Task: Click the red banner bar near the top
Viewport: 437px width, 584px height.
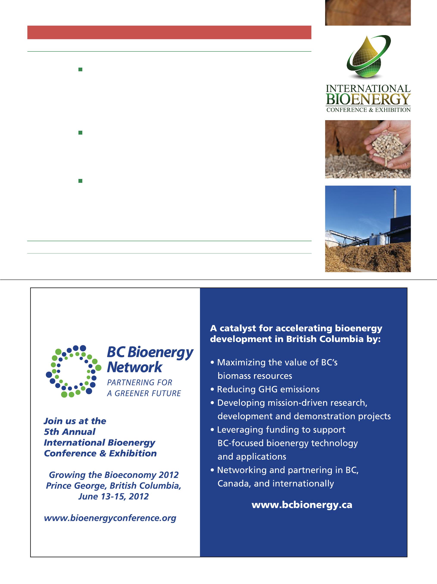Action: click(169, 32)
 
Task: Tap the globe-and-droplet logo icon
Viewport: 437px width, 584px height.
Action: click(368, 57)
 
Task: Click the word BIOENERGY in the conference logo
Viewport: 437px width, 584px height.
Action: click(368, 99)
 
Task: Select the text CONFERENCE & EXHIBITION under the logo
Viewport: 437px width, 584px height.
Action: click(368, 110)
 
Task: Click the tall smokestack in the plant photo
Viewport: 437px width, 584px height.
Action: click(395, 203)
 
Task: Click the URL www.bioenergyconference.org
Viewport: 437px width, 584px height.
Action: click(110, 518)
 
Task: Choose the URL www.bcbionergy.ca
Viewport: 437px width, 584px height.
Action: click(302, 505)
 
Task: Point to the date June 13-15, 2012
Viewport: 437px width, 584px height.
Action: click(114, 497)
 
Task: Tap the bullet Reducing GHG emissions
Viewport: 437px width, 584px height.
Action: click(268, 389)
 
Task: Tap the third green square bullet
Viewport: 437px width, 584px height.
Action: click(81, 181)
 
